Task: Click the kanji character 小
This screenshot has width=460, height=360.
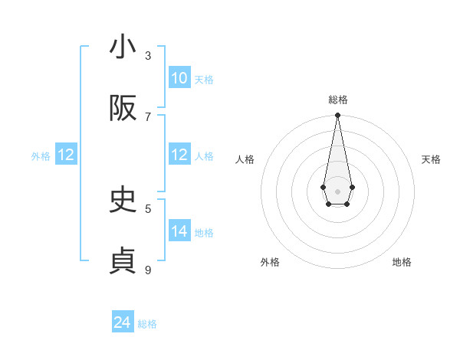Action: tap(123, 47)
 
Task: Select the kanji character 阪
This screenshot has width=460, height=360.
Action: tap(123, 109)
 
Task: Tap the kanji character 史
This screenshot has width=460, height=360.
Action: tap(123, 200)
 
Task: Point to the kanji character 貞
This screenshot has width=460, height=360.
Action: tap(123, 261)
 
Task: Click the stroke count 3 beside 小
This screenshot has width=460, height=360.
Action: tap(148, 56)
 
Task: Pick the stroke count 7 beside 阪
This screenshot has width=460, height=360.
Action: tap(148, 116)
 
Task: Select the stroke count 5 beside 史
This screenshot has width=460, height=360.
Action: tap(148, 208)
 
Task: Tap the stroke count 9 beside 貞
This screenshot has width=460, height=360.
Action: tap(148, 269)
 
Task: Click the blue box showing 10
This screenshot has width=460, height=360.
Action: tap(179, 78)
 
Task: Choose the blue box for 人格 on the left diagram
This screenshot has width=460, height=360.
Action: tap(179, 155)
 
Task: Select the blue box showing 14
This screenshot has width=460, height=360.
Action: tap(179, 231)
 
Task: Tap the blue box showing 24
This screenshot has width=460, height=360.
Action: tap(123, 322)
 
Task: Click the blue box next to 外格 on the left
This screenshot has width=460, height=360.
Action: tap(66, 155)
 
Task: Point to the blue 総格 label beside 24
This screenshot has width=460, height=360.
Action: tap(147, 324)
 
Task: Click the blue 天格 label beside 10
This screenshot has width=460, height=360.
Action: tap(203, 80)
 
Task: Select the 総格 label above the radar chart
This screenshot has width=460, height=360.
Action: tap(337, 100)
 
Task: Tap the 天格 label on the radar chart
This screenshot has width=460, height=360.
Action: tap(431, 159)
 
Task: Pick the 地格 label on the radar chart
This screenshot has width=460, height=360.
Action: tap(402, 262)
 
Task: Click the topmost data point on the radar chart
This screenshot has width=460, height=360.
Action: tap(337, 116)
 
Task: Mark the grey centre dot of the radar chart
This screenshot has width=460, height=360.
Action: tap(337, 191)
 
